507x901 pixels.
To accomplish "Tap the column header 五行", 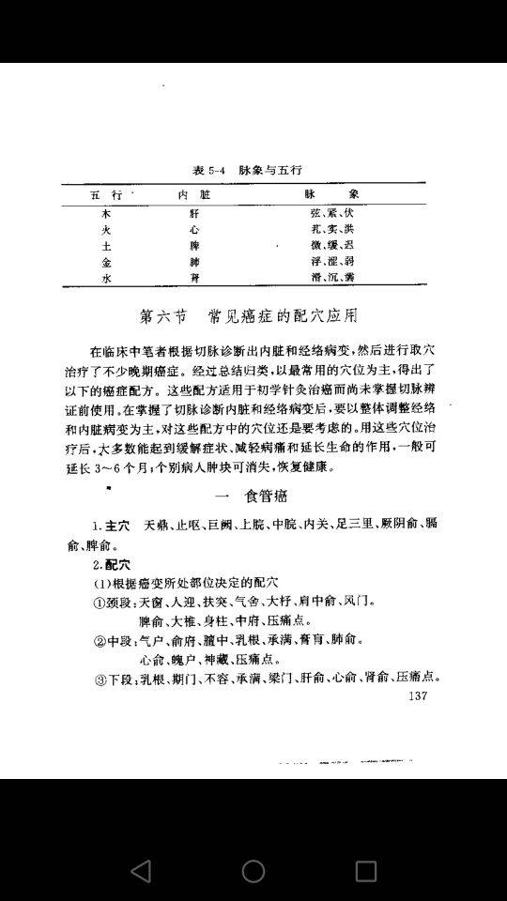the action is pyautogui.click(x=106, y=194).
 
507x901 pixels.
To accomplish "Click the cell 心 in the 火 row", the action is pyautogui.click(x=194, y=229).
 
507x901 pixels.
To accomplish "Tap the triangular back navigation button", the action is pyautogui.click(x=141, y=870).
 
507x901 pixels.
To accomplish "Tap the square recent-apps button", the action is pyautogui.click(x=365, y=870).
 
